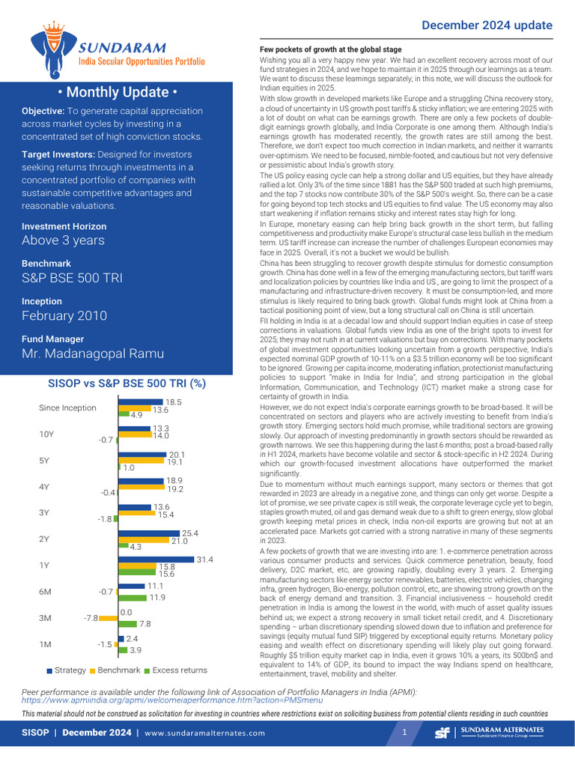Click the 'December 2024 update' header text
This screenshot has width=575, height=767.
click(x=487, y=25)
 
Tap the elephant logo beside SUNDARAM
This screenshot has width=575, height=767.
click(x=52, y=49)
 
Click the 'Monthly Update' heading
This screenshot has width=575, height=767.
click(x=117, y=92)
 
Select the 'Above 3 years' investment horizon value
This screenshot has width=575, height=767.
click(x=63, y=240)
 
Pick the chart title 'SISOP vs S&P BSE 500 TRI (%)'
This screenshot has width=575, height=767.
click(x=127, y=383)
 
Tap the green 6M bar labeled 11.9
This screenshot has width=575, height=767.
click(x=133, y=598)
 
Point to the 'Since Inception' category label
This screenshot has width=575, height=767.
click(x=67, y=408)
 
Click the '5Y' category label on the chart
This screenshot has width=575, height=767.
click(x=45, y=461)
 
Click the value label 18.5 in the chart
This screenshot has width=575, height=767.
click(x=174, y=402)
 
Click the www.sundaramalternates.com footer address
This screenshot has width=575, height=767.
click(x=204, y=733)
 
